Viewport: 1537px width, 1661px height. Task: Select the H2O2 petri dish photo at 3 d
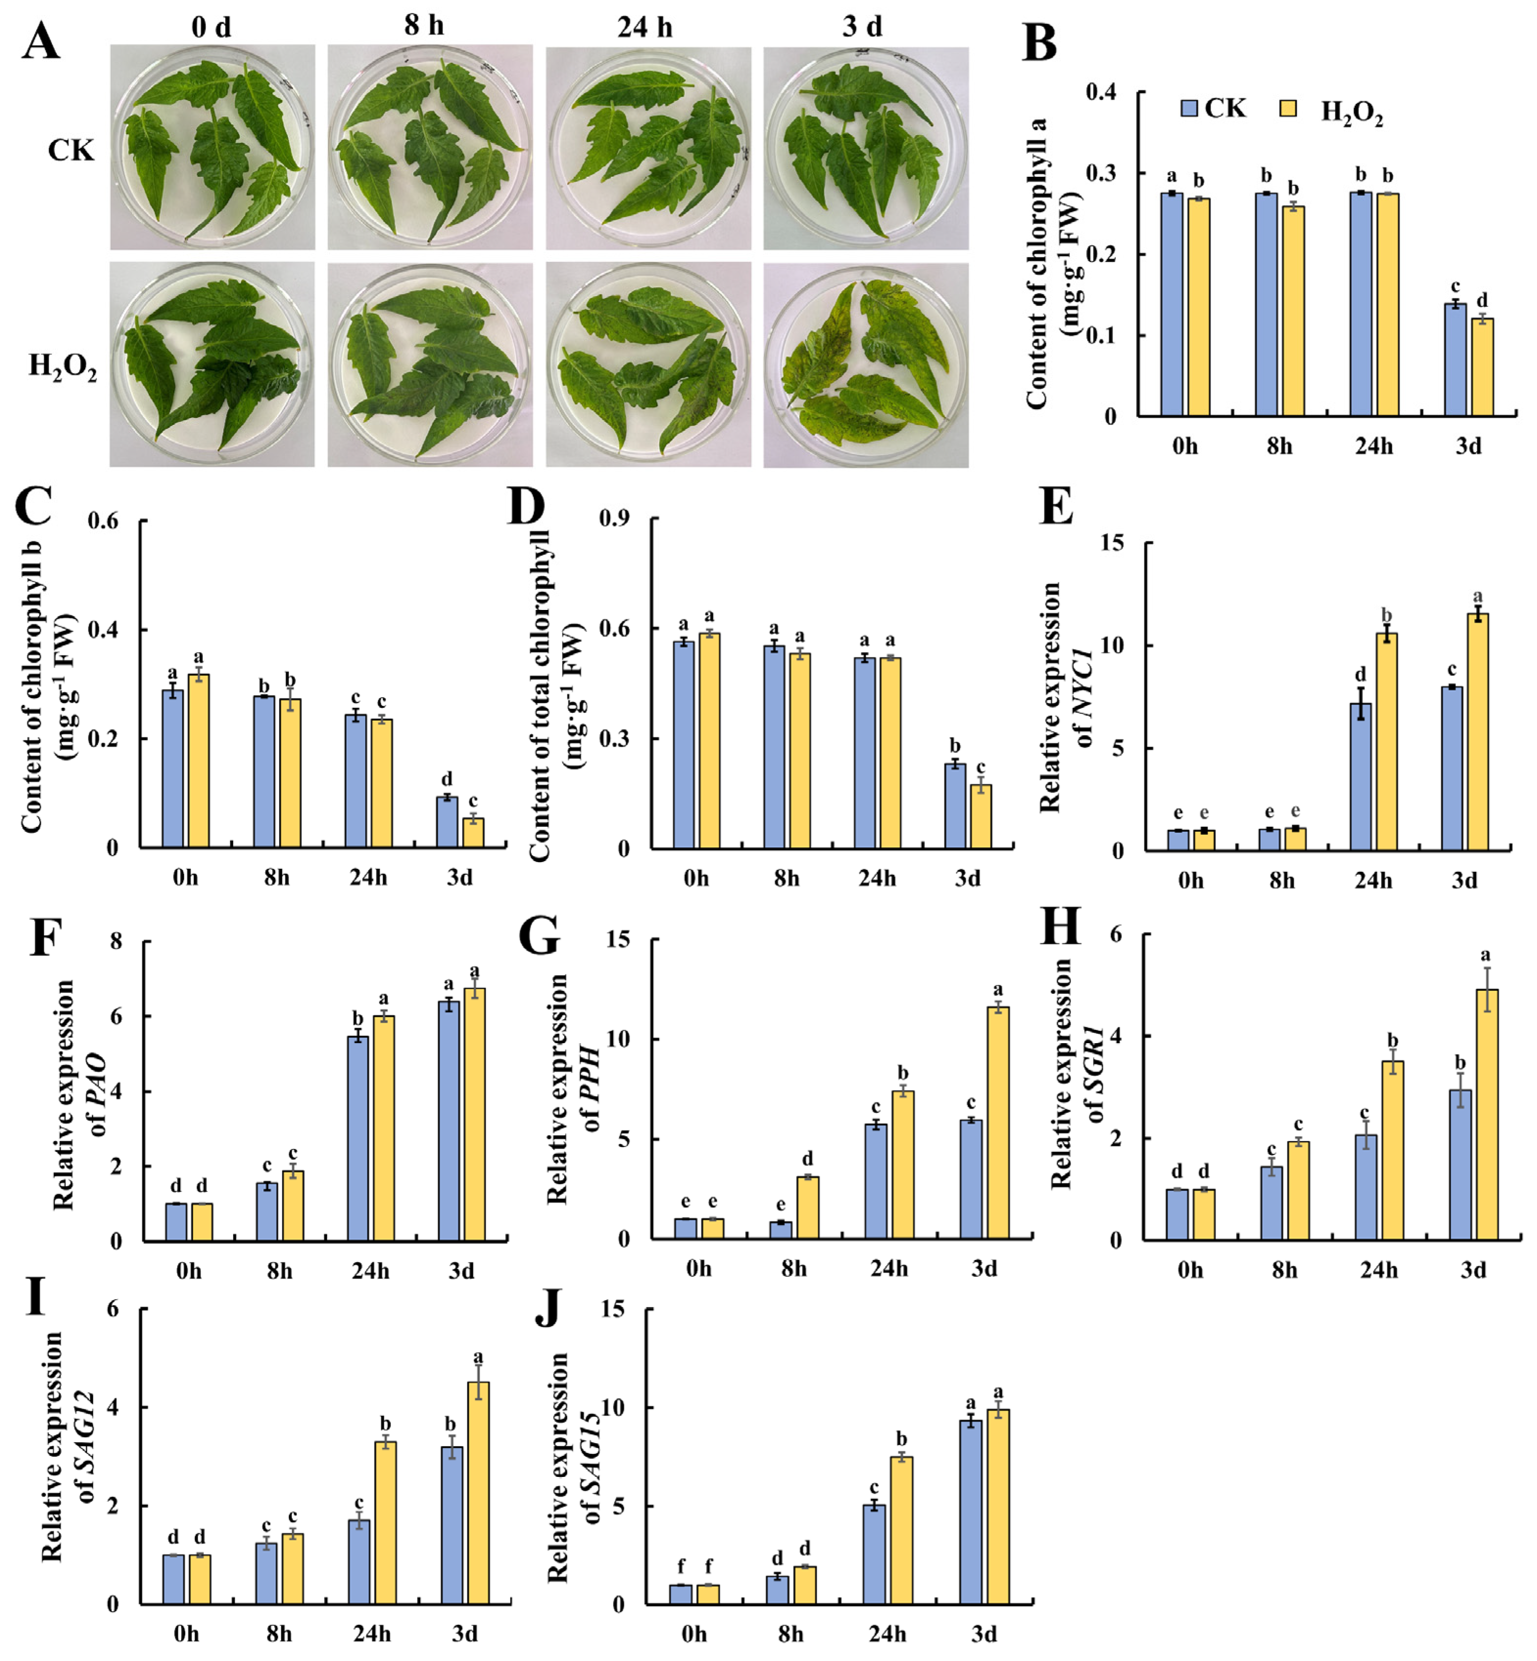tap(866, 366)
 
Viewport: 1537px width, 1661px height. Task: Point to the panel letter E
tap(1056, 506)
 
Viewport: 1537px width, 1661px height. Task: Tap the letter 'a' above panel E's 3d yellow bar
tap(1478, 597)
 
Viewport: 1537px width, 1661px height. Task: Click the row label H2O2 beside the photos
tap(62, 366)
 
